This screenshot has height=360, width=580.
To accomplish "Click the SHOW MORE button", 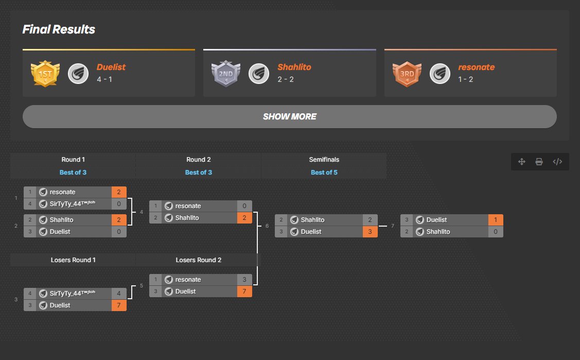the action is coord(290,116).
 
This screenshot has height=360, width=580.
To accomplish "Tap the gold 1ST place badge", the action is coord(45,74).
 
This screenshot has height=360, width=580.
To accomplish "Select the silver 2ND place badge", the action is coord(225,74).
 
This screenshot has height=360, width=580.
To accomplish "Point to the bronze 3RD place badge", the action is coord(407,74).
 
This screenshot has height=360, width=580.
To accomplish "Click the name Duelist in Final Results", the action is coord(111,67).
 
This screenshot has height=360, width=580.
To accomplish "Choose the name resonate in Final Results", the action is coord(477,67).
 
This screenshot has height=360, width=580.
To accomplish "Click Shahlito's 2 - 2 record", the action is coord(286,79).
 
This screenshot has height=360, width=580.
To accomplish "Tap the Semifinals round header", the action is coord(324,160).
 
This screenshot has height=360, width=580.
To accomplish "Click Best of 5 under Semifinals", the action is coord(324,173).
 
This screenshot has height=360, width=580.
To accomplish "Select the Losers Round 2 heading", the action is coord(198,260).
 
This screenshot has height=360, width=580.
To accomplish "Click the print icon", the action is coord(539,162).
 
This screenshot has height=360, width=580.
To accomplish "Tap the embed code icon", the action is coord(557,162).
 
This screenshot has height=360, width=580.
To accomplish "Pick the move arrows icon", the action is coord(521,162).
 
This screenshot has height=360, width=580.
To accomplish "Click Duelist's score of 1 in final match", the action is coord(496,220).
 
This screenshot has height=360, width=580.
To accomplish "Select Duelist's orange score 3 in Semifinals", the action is coord(370,232).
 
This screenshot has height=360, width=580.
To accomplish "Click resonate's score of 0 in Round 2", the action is coord(244,205).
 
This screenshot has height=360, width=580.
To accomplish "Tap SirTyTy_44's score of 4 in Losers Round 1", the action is coord(119,294).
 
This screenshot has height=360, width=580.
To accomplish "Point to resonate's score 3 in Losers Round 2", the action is coord(244,279).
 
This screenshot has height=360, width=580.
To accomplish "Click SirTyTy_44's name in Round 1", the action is coord(73,203).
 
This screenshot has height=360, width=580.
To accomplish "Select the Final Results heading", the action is coord(59,29).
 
